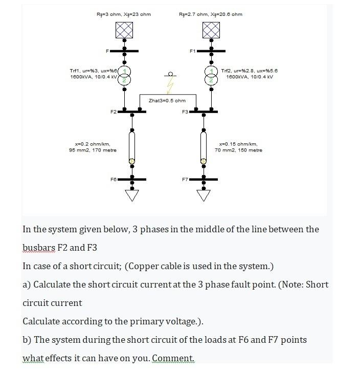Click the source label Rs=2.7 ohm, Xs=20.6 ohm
(211, 14)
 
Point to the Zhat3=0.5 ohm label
(167, 100)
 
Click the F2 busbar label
(113, 111)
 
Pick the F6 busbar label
(113, 180)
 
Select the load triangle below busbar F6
(132, 196)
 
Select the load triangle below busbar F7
(204, 196)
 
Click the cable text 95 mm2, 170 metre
(93, 150)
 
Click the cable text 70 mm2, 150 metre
(238, 150)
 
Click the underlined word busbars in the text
(39, 248)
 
